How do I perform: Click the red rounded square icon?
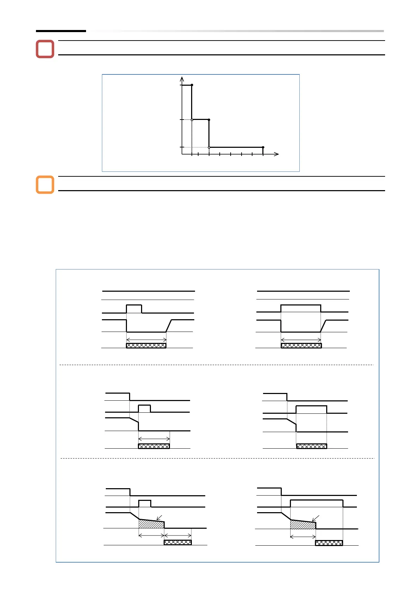[x=45, y=49]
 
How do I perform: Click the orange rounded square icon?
[x=45, y=185]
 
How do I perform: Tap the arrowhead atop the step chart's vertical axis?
[x=182, y=79]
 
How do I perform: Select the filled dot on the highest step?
[x=192, y=85]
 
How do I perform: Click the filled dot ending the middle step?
[x=209, y=120]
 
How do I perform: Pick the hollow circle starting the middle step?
[x=192, y=120]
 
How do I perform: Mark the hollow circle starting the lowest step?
[x=209, y=147]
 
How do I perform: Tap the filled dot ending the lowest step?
[x=263, y=147]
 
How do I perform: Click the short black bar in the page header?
[x=61, y=31]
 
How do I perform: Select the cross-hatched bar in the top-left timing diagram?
[x=146, y=346]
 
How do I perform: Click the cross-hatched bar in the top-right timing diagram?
[x=301, y=346]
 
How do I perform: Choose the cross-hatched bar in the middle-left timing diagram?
[x=154, y=446]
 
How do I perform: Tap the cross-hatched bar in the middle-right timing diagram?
[x=311, y=446]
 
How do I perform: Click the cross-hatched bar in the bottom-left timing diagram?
[x=178, y=543]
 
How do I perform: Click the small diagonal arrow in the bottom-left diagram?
[x=159, y=518]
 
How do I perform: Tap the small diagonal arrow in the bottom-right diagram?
[x=315, y=518]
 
